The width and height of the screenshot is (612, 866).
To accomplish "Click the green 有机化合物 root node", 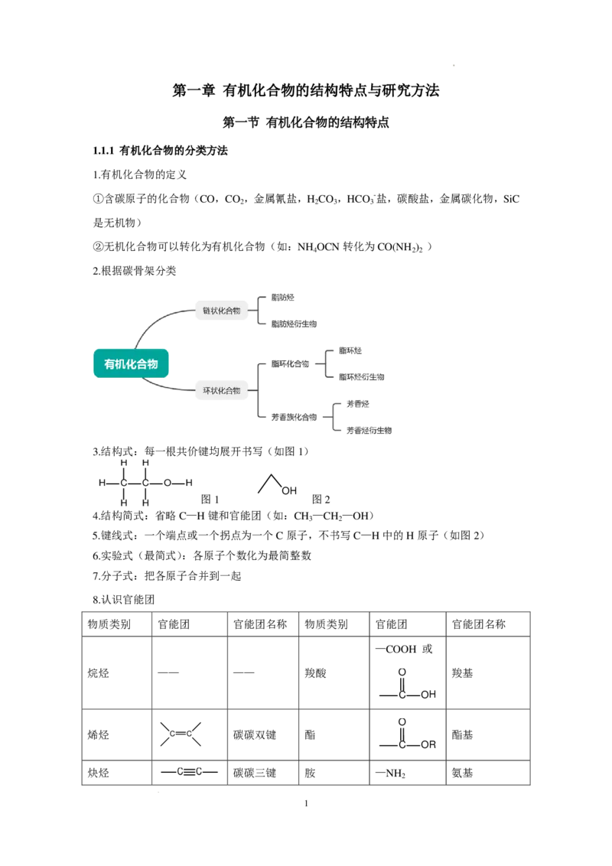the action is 131,363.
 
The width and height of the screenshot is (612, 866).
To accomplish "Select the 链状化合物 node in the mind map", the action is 222,311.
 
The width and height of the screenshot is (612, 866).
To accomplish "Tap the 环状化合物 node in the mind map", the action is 222,390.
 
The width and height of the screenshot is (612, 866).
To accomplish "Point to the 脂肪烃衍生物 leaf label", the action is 294,324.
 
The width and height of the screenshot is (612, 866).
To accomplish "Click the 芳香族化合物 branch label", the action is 294,417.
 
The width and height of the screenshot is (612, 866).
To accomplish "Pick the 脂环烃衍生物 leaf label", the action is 362,377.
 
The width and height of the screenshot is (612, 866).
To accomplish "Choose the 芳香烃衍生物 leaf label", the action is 369,430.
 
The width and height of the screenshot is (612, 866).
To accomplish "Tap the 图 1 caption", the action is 210,500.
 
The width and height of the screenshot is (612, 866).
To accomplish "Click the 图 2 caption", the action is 321,500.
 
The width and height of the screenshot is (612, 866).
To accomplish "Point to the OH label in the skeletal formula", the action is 289,490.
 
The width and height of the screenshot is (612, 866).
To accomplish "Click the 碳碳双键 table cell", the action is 255,735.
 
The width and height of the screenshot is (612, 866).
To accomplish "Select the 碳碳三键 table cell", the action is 255,773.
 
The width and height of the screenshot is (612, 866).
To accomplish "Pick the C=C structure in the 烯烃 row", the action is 181,734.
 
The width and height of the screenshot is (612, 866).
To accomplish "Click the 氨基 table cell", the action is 462,773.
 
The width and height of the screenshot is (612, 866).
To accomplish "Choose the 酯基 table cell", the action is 462,734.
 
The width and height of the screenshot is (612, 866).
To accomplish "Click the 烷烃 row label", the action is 99,673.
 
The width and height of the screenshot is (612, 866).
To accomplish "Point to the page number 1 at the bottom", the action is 306,803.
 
